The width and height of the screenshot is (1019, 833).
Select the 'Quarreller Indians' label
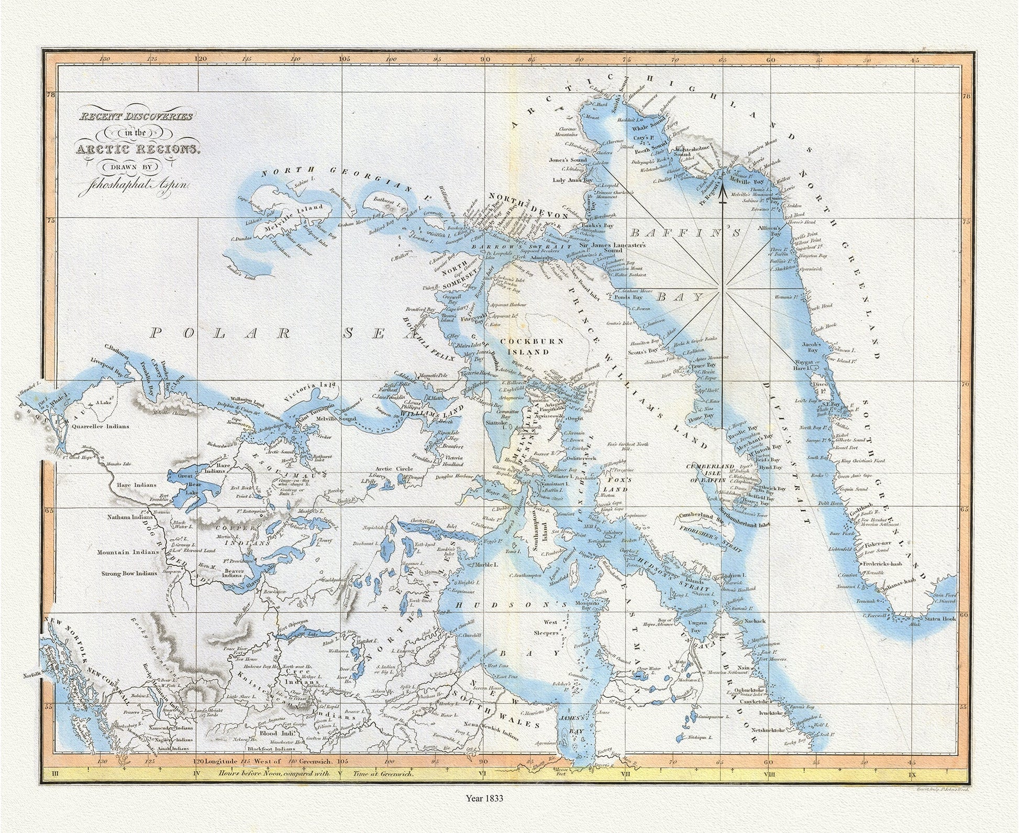coord(101,426)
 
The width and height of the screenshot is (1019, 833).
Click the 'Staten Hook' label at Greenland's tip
coord(939,619)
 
